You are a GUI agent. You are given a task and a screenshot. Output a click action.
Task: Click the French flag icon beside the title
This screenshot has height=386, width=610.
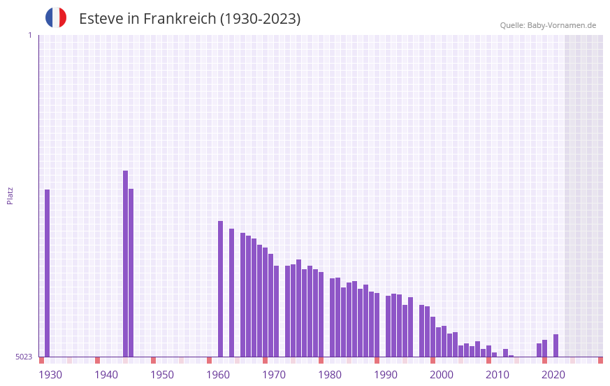coord(56,17)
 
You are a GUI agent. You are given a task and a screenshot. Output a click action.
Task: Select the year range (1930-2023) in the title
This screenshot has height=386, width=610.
coord(260,19)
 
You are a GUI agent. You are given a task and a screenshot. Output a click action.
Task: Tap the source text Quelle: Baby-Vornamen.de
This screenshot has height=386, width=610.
coord(548,25)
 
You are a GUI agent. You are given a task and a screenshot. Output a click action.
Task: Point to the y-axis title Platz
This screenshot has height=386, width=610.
coord(10,195)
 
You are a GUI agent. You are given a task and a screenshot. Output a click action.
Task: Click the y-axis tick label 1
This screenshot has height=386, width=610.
coord(29,35)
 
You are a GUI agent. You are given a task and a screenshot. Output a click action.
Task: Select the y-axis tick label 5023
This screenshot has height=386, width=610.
coord(24,357)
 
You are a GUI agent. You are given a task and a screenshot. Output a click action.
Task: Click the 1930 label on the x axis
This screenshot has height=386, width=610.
coord(50,375)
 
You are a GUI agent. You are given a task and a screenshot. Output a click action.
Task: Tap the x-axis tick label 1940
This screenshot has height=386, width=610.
coord(106,375)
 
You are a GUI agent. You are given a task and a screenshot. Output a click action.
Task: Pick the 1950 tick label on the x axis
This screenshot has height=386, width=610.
coord(162,375)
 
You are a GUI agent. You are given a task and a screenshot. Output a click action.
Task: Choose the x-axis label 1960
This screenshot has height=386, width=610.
coord(218,375)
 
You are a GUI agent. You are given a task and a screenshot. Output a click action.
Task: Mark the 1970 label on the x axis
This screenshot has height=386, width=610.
coord(274,375)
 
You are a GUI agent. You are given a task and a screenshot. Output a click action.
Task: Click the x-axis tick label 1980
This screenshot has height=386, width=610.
coord(330,375)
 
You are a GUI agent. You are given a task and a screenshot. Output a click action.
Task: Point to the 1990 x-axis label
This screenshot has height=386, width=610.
coord(386,375)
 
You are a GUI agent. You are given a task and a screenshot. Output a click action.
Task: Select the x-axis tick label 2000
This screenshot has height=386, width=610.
coord(442,375)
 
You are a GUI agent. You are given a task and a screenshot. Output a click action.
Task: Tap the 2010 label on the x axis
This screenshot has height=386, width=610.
coord(498,375)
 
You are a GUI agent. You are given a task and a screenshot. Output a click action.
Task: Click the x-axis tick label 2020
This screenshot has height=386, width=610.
coord(553,375)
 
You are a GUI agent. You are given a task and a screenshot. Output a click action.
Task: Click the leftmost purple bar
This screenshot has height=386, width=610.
coord(48,273)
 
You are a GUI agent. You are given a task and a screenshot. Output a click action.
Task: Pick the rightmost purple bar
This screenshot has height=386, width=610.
coord(556,345)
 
